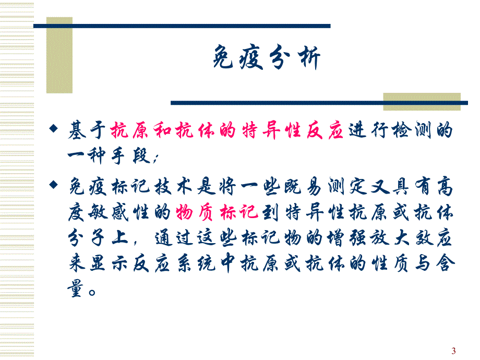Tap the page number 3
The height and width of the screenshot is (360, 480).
click(453, 351)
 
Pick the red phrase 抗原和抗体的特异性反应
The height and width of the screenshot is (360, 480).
click(227, 132)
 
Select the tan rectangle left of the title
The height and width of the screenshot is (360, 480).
click(59, 55)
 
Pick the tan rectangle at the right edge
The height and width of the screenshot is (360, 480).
click(422, 101)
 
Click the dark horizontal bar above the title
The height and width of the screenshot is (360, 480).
click(182, 26)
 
